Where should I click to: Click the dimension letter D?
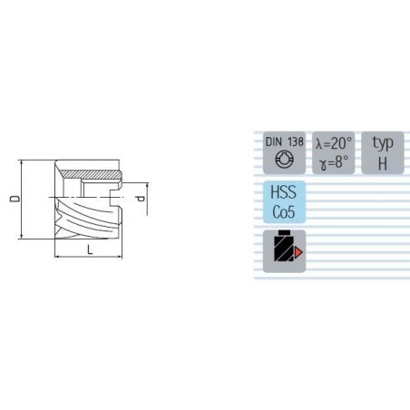15,199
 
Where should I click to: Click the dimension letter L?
90,249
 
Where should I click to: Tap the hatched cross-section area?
89,174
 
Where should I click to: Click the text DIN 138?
284,142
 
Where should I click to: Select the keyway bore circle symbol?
284,160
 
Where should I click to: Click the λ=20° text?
334,143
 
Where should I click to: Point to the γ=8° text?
334,161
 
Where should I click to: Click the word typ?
383,143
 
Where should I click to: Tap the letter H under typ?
383,163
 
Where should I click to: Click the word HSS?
283,192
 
